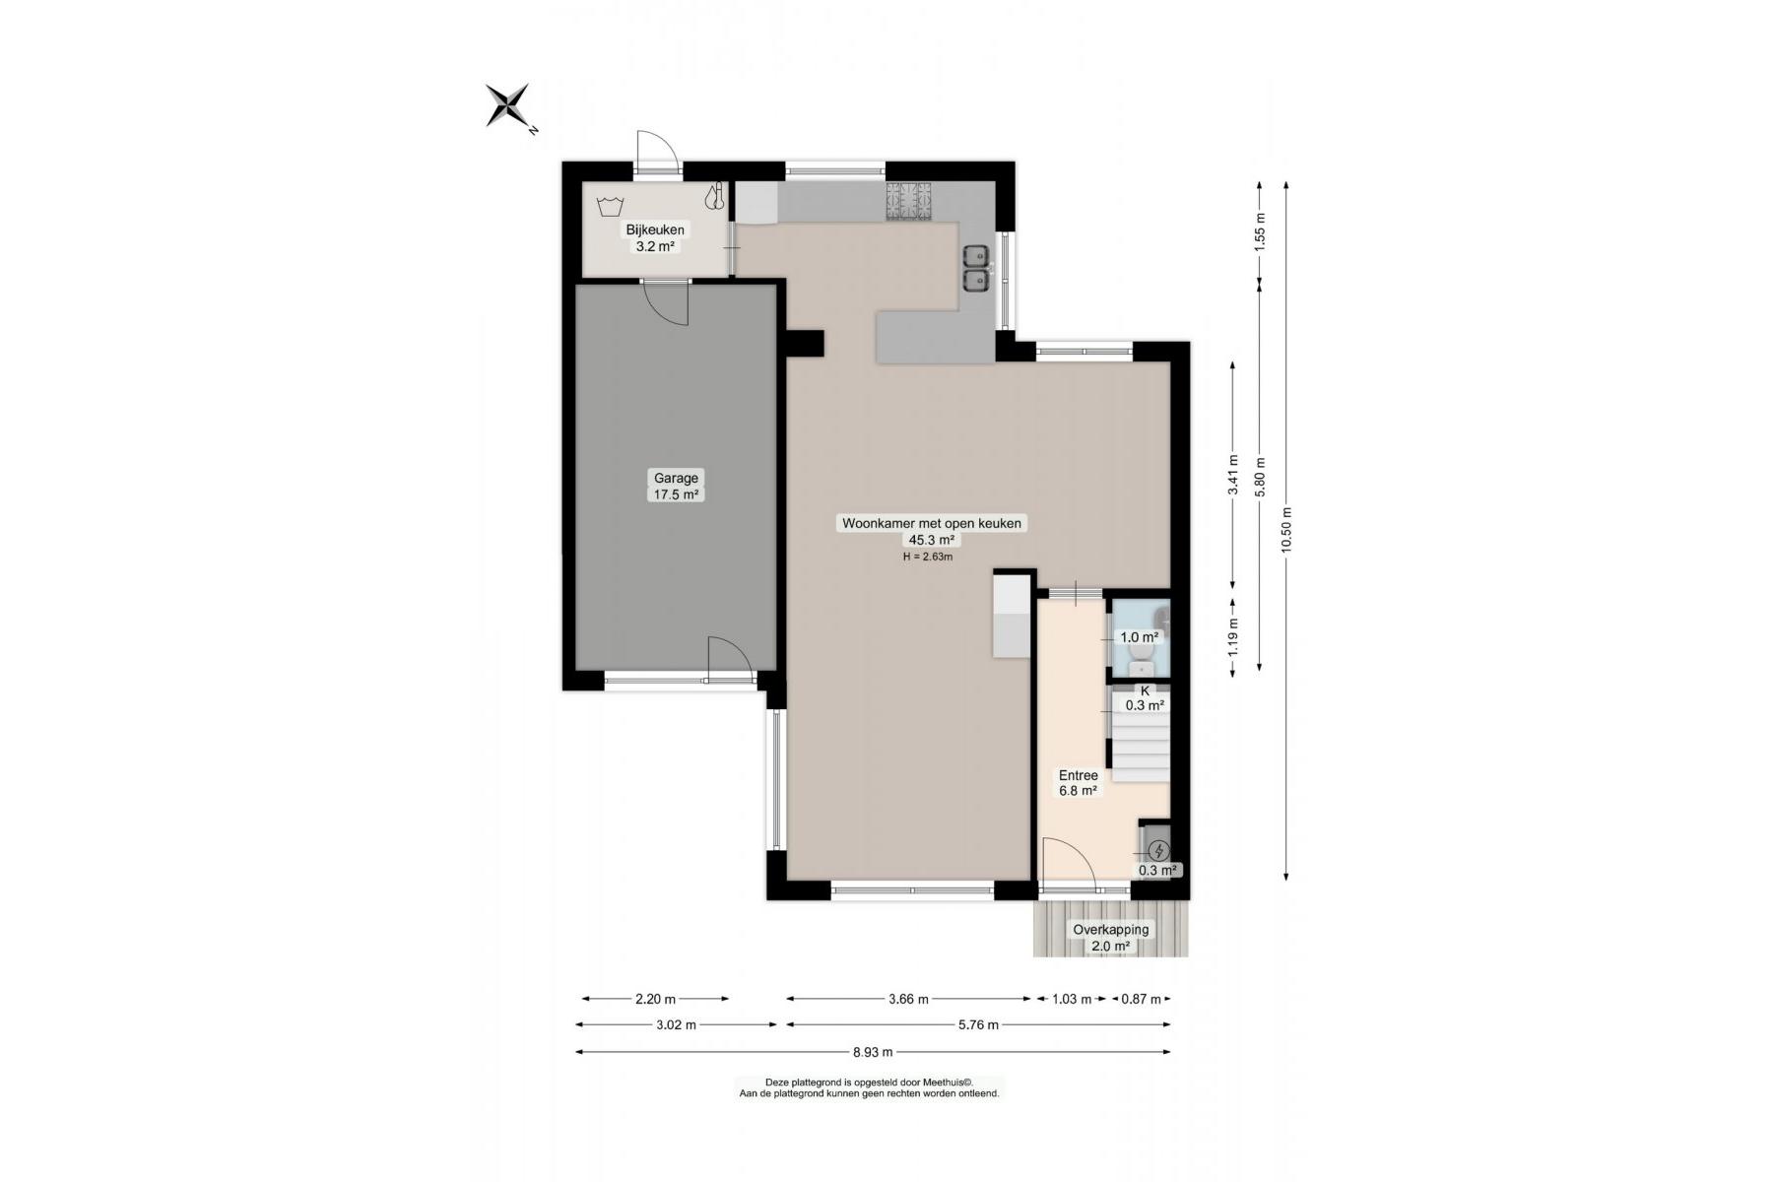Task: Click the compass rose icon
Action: click(509, 105)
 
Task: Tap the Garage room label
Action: click(676, 479)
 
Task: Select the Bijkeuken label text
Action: click(655, 230)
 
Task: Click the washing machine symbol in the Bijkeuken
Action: click(611, 207)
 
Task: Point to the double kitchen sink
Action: click(977, 269)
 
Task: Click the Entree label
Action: click(1078, 775)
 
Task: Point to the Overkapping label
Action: click(1110, 929)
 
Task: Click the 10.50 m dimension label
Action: click(1285, 531)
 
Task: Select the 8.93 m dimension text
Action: click(873, 1052)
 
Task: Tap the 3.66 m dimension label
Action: click(908, 999)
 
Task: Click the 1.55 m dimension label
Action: click(1259, 232)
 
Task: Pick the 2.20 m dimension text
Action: click(655, 999)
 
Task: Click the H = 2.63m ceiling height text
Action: click(928, 557)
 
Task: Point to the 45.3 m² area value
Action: click(931, 540)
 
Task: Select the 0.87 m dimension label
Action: click(1142, 999)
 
